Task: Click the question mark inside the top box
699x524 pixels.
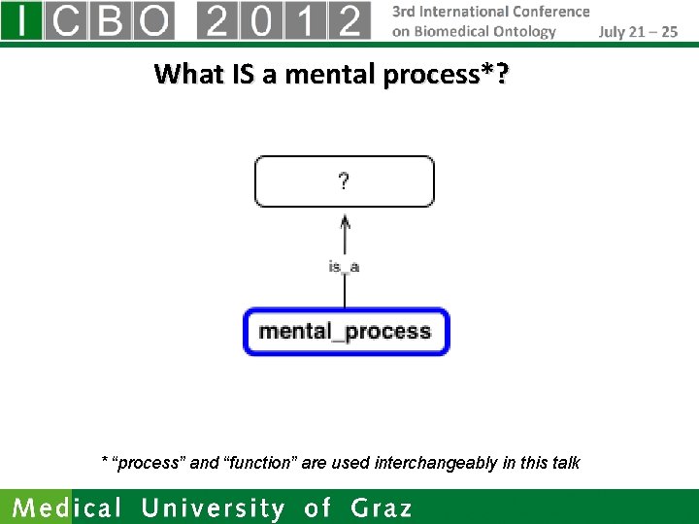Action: coord(344,181)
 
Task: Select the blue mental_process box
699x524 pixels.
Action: coord(345,332)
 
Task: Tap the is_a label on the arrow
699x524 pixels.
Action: coord(344,267)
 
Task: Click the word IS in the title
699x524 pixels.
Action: coord(243,74)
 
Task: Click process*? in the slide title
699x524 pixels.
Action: coord(446,74)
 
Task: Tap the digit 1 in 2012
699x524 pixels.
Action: coord(305,20)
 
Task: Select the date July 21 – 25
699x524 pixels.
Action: coord(638,31)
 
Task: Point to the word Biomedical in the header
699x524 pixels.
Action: coord(454,31)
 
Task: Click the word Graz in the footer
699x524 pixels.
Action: coord(382,508)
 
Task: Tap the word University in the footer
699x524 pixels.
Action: coord(214,508)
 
